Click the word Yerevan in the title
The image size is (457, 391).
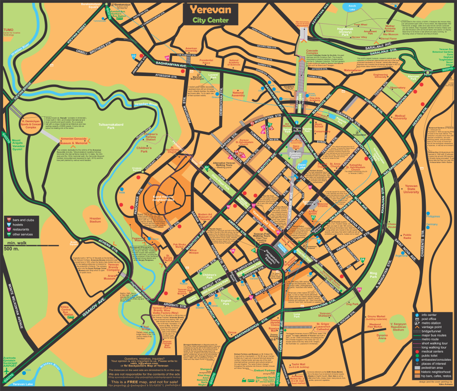pos(210,9)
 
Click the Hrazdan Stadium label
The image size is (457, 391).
pos(95,220)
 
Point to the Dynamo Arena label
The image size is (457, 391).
pos(382,336)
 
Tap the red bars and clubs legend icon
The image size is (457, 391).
pos(9,219)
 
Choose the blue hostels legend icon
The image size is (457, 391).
pos(9,224)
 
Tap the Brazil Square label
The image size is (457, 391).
pos(73,243)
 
